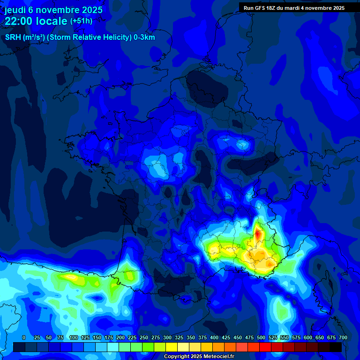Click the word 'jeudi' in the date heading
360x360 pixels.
pos(16,10)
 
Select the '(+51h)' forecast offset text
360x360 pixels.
pos(81,21)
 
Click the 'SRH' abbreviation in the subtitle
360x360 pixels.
pos(13,37)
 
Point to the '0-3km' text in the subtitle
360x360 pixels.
pos(144,37)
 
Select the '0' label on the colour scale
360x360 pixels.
pos(24,338)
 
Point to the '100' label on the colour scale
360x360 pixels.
pos(74,338)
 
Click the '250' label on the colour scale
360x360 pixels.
pos(144,338)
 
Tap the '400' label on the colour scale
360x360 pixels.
pos(214,338)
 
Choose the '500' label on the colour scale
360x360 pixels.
pos(261,338)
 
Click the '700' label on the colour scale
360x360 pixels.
pos(343,338)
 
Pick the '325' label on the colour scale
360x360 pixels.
pos(179,338)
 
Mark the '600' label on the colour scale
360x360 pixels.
pos(308,338)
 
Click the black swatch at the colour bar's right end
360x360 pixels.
pos(336,347)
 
